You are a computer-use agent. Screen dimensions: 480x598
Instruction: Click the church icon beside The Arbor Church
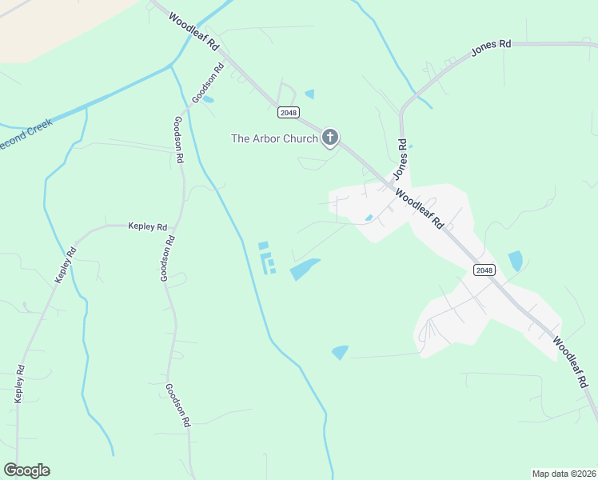(x=330, y=138)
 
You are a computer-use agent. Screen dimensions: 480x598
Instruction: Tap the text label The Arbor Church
(x=274, y=138)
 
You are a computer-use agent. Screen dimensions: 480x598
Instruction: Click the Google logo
(x=26, y=470)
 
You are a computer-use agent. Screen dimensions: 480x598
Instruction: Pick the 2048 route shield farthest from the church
(x=484, y=270)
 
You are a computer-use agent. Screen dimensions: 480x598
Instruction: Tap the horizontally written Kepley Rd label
(x=147, y=226)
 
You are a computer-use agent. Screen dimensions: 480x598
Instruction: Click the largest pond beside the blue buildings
(x=305, y=269)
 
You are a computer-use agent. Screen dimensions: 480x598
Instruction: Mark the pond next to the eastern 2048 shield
(x=516, y=261)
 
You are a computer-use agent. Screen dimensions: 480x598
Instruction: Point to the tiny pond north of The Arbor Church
(x=309, y=94)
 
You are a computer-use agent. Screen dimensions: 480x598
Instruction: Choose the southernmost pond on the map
(x=340, y=352)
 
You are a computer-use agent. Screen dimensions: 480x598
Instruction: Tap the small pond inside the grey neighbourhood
(x=369, y=218)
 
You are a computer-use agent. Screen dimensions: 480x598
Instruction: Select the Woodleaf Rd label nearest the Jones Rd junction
(x=419, y=210)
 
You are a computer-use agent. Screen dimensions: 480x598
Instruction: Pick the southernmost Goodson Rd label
(x=177, y=404)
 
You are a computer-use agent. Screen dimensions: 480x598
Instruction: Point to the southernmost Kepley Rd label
(x=20, y=384)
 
